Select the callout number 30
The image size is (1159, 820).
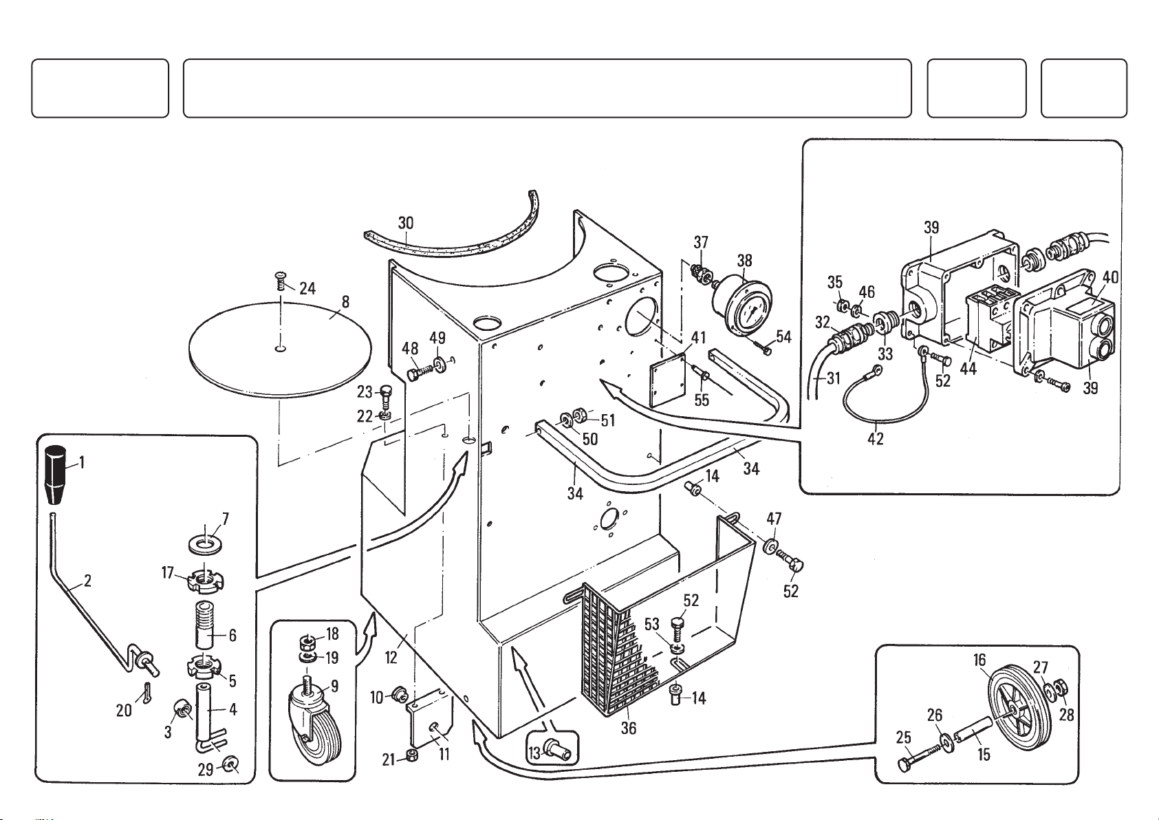[x=406, y=223]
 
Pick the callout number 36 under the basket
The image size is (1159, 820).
[x=629, y=728]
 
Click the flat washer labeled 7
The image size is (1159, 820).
[x=205, y=543]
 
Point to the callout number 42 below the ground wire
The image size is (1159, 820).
[x=876, y=437]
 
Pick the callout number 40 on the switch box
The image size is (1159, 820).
[x=1110, y=277]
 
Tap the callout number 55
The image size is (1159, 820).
[x=701, y=400]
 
